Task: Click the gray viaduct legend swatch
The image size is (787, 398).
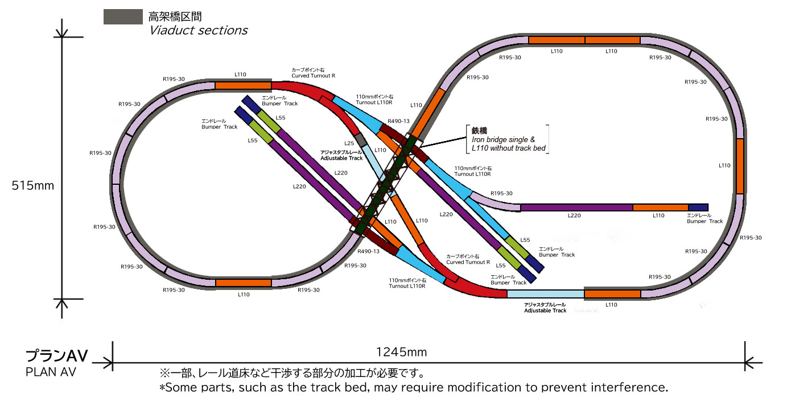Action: pos(122,17)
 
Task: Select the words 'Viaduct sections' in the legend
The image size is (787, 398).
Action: pos(198,31)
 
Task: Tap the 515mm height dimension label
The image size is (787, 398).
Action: pos(33,186)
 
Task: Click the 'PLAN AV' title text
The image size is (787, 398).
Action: pos(51,372)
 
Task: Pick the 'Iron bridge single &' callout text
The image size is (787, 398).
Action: pos(503,139)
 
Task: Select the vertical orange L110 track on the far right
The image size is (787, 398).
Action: pos(740,167)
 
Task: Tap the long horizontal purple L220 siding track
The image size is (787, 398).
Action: pos(576,208)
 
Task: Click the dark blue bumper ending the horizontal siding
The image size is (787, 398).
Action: pos(698,208)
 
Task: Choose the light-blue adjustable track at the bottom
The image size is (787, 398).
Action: pos(545,294)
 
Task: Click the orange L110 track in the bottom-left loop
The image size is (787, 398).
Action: pos(243,283)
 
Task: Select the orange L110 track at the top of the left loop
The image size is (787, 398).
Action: pos(242,86)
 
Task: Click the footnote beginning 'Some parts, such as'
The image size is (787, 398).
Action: pos(413,387)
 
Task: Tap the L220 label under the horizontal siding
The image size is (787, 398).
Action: pos(574,216)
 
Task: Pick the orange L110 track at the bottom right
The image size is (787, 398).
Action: pos(612,294)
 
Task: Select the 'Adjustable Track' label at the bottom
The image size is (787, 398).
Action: pos(545,310)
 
